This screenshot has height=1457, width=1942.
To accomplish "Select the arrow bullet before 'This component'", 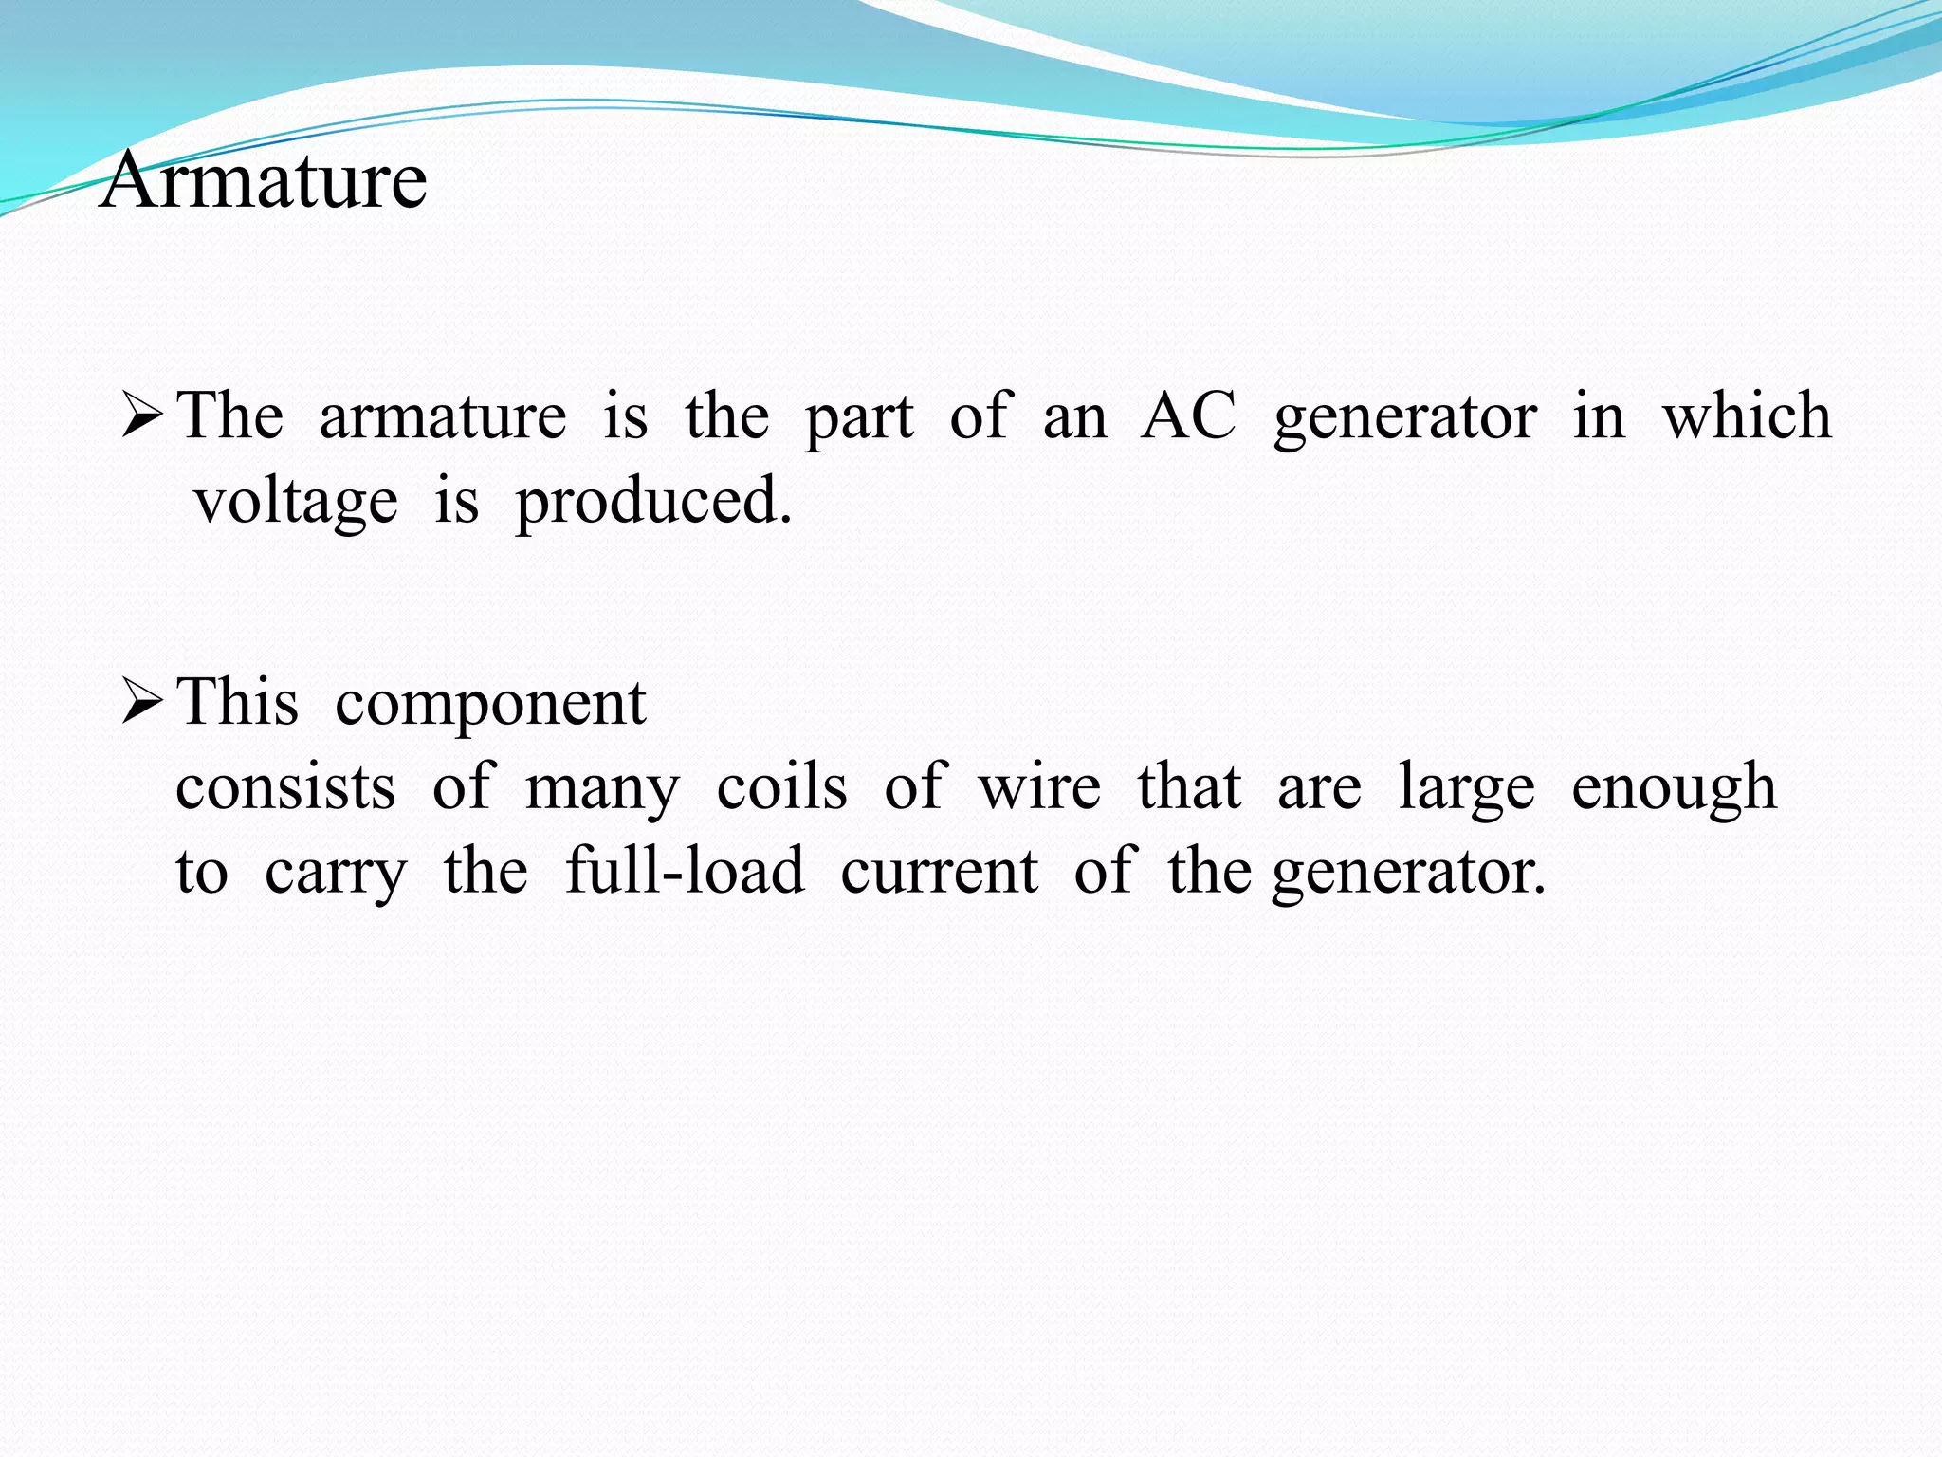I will coord(143,704).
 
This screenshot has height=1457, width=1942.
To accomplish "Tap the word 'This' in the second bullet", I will coord(238,704).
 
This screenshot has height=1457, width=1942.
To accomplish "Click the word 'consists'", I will coord(285,787).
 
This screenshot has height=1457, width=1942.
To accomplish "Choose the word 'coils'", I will coord(781,787).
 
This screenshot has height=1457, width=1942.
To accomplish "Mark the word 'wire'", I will coord(1039,787).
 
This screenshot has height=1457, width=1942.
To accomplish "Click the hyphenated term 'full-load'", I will coord(685,871).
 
